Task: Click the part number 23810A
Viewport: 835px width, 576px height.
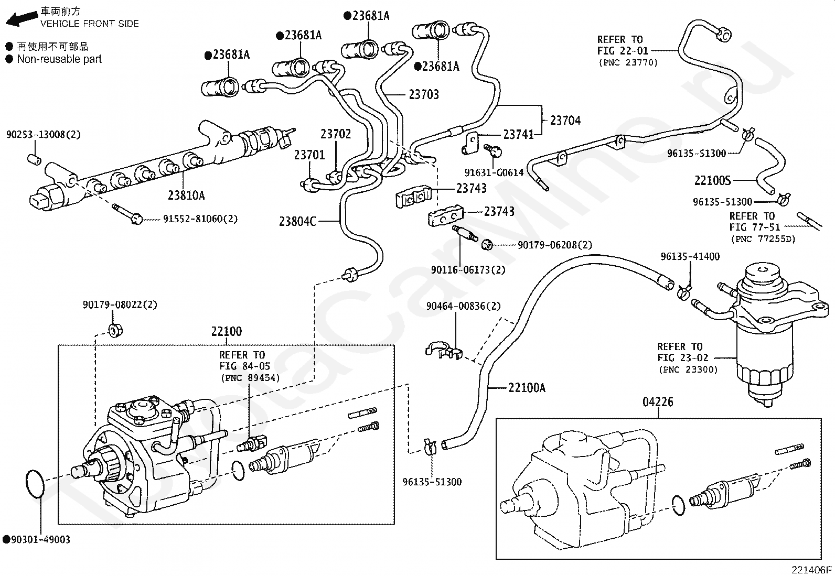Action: (186, 195)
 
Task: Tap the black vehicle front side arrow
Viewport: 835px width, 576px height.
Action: (22, 19)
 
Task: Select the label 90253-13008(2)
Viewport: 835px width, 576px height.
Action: (43, 135)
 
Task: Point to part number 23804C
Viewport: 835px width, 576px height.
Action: (297, 222)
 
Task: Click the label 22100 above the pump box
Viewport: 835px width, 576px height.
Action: (226, 331)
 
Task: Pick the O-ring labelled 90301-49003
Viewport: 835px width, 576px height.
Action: (35, 484)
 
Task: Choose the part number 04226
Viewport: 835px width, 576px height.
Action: (658, 402)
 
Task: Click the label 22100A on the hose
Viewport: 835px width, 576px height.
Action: (527, 388)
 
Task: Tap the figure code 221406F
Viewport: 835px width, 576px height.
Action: (811, 570)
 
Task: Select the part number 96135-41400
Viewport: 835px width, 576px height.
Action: (690, 256)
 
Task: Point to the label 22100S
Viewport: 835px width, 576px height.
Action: (712, 181)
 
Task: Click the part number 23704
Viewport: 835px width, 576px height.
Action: (565, 121)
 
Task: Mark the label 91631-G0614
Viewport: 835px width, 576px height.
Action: (494, 172)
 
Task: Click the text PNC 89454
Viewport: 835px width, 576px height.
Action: (251, 378)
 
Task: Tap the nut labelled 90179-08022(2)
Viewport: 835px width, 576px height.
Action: (115, 331)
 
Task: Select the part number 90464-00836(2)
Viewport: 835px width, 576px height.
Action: (463, 306)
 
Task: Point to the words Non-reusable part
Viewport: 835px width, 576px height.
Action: (59, 59)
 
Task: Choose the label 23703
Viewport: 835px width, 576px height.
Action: (424, 95)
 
